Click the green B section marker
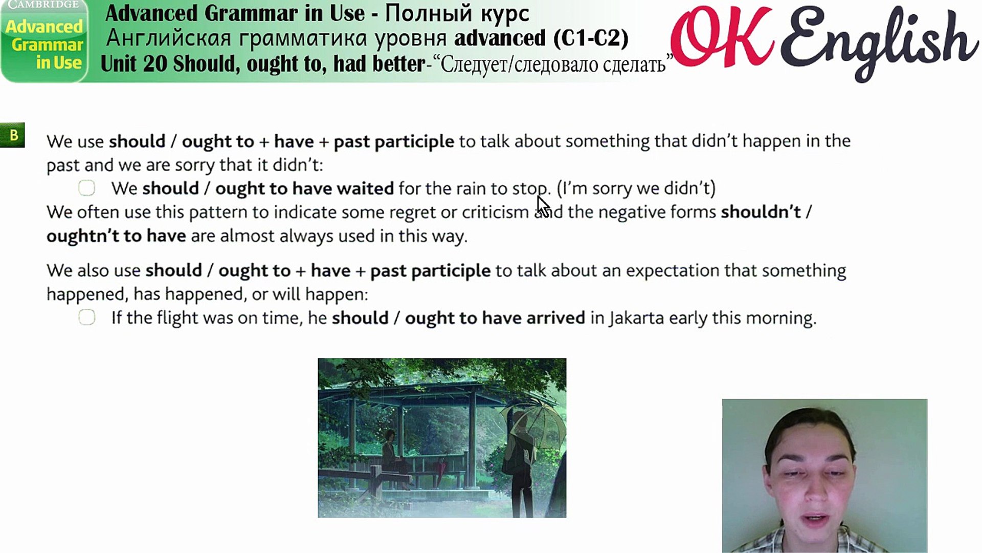(x=12, y=136)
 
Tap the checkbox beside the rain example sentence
(x=86, y=188)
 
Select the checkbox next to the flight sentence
(x=86, y=317)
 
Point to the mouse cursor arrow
(x=543, y=206)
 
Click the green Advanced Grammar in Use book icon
(x=44, y=41)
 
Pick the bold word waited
(x=365, y=188)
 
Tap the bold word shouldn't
(x=761, y=212)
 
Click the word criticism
(x=495, y=212)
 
